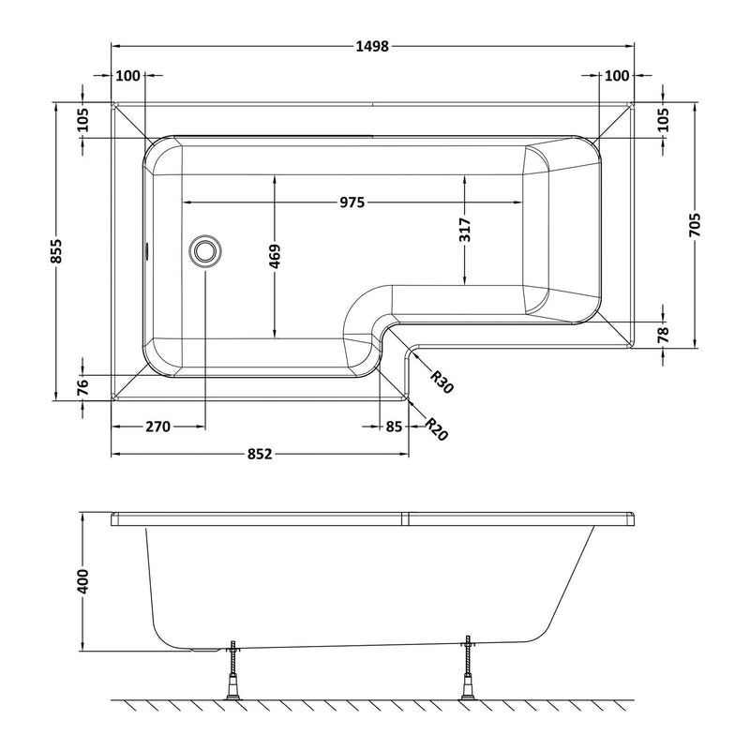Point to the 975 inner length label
click(351, 202)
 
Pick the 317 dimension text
click(466, 231)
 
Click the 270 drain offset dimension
click(157, 427)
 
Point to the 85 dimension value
click(393, 427)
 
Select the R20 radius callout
click(433, 429)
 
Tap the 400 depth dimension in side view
click(82, 581)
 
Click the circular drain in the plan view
click(204, 250)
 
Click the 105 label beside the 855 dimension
click(83, 119)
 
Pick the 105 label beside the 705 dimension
click(663, 119)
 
